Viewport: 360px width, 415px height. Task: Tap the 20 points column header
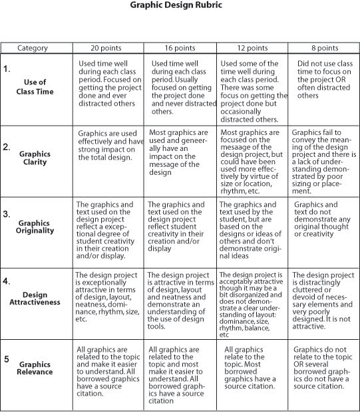108,48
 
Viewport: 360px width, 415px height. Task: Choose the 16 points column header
180,48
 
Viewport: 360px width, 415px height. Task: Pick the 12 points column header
252,48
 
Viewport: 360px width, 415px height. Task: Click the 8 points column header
323,48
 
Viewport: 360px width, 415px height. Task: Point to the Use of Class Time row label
35,86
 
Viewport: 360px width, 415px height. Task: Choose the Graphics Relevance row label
35,368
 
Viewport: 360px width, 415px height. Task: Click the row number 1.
7,69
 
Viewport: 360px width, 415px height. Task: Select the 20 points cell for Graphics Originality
108,228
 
